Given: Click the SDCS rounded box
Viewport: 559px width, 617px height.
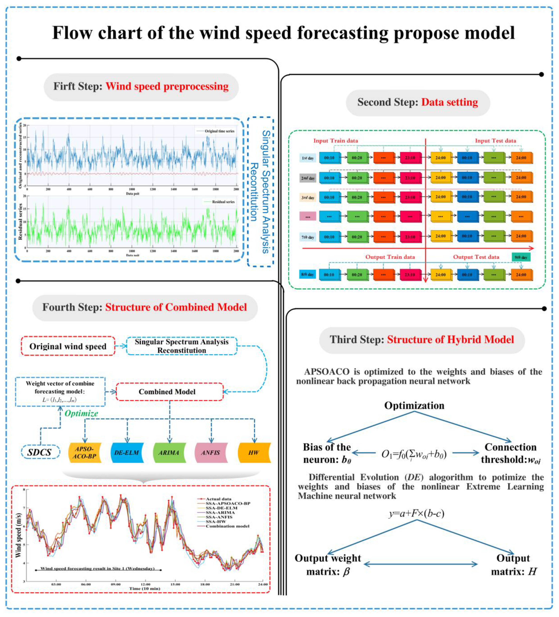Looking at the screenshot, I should click(40, 452).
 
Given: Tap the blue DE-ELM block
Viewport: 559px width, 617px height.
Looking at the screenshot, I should click(127, 452).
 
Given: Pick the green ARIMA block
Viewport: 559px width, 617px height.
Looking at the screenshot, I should click(169, 452).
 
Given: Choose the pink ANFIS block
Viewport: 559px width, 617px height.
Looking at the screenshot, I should click(211, 452).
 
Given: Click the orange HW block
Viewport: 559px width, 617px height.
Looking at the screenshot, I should click(254, 452).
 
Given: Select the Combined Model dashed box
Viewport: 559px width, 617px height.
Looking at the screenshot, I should click(170, 392).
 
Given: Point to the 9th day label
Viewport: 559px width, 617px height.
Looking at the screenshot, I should click(521, 257).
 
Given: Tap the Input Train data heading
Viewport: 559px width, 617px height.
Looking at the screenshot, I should click(336, 141).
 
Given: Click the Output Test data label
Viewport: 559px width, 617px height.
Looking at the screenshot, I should click(476, 257).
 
